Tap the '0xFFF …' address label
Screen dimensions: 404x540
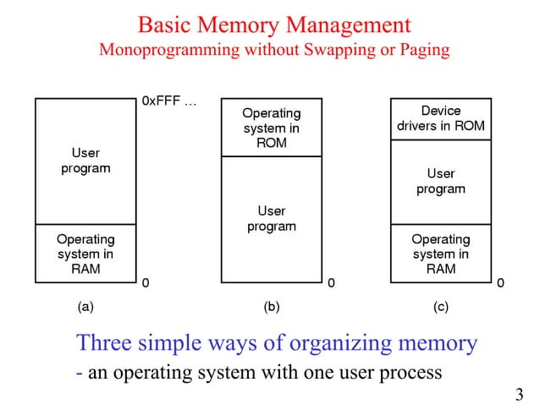click(x=169, y=101)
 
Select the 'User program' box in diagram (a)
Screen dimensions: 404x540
click(x=85, y=161)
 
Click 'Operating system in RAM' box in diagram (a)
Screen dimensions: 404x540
click(x=85, y=254)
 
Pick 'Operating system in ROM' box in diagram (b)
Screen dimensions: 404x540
click(x=271, y=128)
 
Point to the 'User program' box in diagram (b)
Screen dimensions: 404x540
click(x=271, y=219)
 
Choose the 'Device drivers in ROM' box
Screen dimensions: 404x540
click(x=440, y=118)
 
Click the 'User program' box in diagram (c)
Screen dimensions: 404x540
click(x=440, y=181)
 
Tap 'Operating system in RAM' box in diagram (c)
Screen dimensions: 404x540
click(x=440, y=254)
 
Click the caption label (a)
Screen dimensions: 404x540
click(x=86, y=307)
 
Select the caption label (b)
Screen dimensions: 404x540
click(x=271, y=307)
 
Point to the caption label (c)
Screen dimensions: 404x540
click(x=440, y=307)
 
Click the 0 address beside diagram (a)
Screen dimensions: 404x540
click(x=146, y=282)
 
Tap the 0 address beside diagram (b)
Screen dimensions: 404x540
click(x=331, y=282)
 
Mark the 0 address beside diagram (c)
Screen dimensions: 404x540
click(x=501, y=282)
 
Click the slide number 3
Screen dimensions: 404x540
click(x=519, y=393)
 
